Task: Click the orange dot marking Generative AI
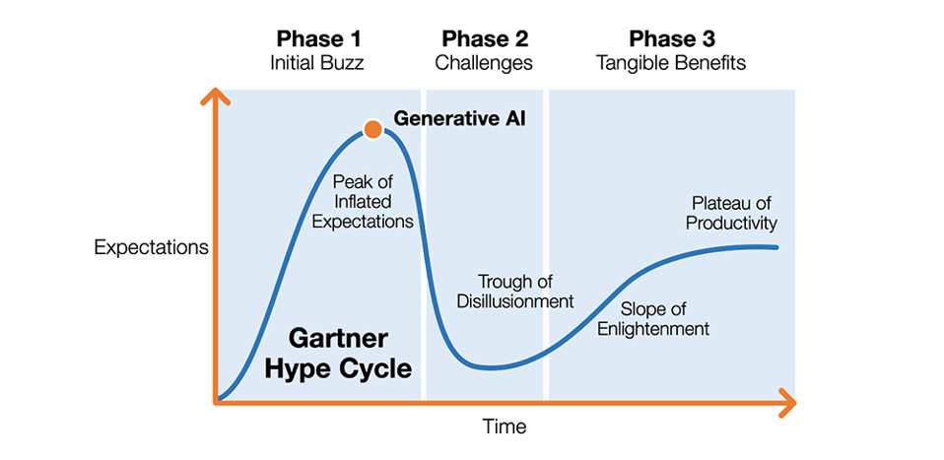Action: click(371, 129)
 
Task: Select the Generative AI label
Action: click(459, 119)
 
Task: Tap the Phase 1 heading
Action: click(317, 39)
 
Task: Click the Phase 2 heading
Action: click(485, 39)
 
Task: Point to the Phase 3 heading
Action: click(671, 39)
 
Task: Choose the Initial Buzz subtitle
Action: click(317, 63)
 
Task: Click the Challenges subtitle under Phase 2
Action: click(485, 63)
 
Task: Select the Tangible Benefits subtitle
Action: click(671, 63)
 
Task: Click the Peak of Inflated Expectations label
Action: click(363, 202)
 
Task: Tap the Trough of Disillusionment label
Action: click(514, 291)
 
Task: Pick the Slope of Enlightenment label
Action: click(653, 318)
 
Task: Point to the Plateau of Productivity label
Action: click(731, 214)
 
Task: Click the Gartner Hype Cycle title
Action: click(349, 353)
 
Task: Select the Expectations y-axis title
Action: click(151, 247)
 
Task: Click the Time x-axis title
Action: click(504, 427)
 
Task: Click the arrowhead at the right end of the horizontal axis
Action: click(785, 402)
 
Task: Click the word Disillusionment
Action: click(514, 300)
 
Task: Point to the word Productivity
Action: click(731, 224)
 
